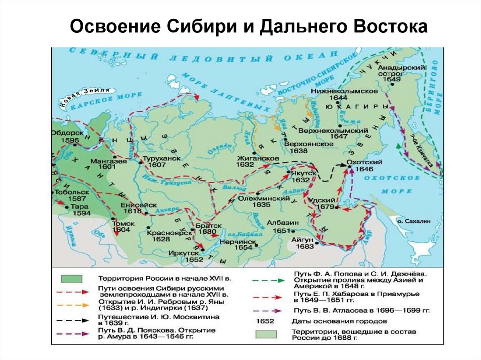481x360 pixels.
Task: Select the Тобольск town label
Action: click(68, 192)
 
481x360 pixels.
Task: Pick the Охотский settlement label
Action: click(359, 161)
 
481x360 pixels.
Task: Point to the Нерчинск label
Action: click(243, 240)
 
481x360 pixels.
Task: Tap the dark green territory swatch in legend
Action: click(71, 278)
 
